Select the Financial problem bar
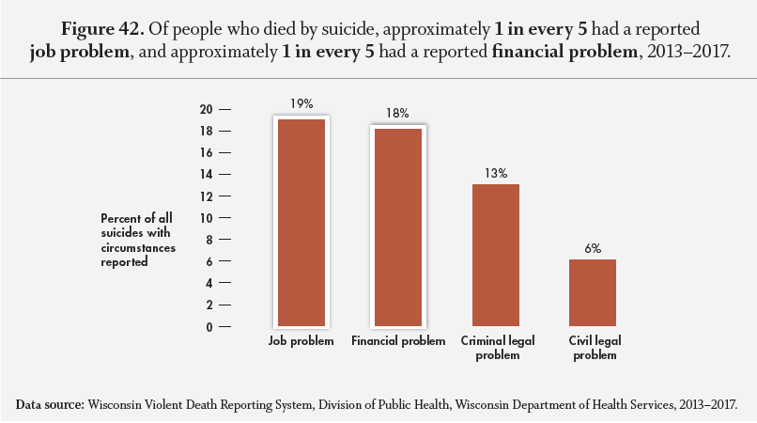[x=397, y=227]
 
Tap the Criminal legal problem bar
[x=495, y=255]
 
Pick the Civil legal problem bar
[x=593, y=292]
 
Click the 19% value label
[x=301, y=104]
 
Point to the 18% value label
[x=397, y=114]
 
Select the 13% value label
[x=496, y=173]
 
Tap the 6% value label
[x=594, y=247]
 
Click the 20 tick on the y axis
[x=207, y=109]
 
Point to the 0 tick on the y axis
[x=210, y=327]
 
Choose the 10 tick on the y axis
[x=207, y=218]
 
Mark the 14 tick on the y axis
[x=207, y=175]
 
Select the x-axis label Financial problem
[x=398, y=341]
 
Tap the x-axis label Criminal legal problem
[x=496, y=348]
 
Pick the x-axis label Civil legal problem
[x=594, y=348]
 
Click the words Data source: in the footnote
[x=51, y=404]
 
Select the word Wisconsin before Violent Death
[x=119, y=404]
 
